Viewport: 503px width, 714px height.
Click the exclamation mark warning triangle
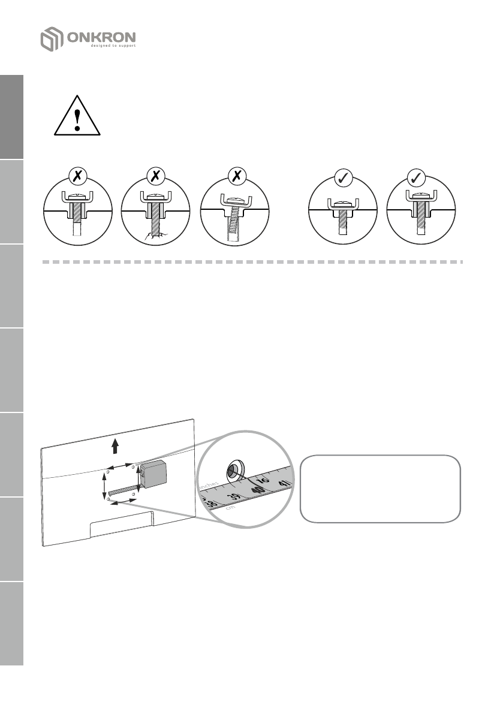coord(77,117)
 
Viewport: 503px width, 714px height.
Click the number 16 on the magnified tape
coord(263,480)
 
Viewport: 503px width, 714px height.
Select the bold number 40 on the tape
coord(258,490)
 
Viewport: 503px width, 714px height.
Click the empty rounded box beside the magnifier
coord(380,489)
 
